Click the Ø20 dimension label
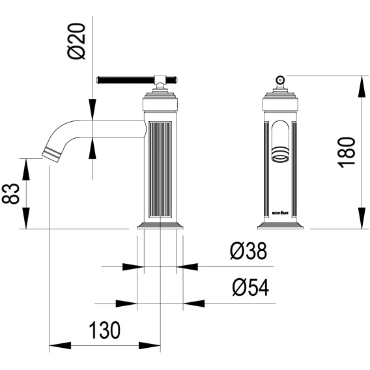click(77, 41)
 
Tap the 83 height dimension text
click(10, 193)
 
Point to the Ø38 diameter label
click(248, 251)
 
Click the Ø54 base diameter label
click(250, 287)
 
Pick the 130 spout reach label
click(104, 330)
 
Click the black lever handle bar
click(126, 79)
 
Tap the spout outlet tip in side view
click(51, 154)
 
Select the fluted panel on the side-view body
click(160, 169)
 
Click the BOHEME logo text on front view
click(280, 213)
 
